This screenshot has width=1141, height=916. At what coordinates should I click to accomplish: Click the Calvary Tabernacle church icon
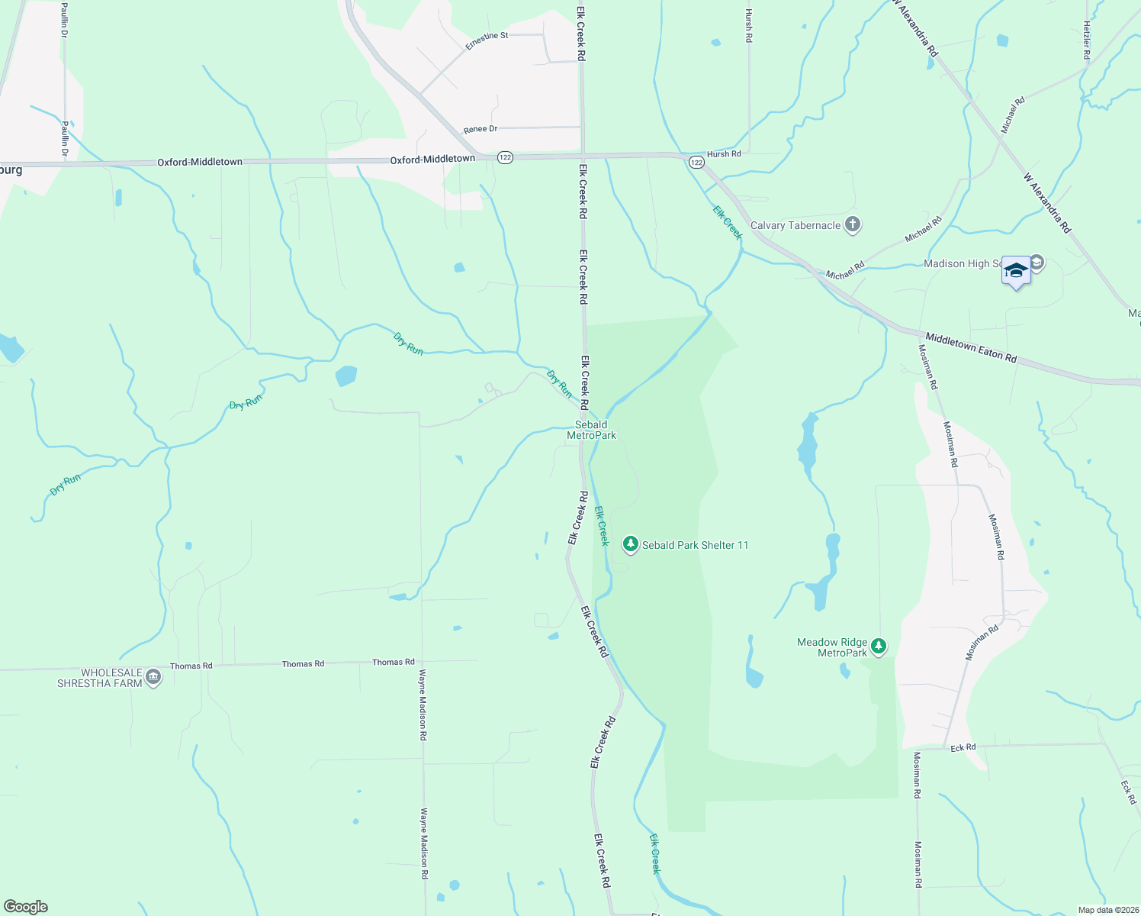pos(853,225)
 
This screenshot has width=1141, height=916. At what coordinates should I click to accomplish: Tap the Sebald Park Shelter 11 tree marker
pos(630,544)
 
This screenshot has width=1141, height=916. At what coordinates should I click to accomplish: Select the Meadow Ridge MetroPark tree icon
pos(879,647)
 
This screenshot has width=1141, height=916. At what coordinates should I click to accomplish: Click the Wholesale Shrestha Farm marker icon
pos(153,677)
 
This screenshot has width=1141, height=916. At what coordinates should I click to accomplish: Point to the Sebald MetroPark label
pos(591,430)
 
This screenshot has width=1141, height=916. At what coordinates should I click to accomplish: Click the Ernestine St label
pos(487,41)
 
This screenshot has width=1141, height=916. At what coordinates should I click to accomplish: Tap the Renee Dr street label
pos(481,130)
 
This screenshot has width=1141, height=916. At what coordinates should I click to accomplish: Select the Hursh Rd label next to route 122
pos(724,154)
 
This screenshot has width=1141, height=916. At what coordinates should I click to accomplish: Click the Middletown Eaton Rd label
pos(970,347)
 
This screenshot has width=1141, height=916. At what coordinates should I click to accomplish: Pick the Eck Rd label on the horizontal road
pos(963,748)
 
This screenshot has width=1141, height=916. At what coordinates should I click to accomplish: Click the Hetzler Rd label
pos(1087,40)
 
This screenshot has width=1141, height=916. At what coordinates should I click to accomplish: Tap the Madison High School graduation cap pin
pos(1016,272)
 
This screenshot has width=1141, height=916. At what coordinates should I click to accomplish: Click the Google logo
pos(26,907)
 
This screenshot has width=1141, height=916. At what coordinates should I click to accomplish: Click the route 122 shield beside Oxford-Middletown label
pos(505,157)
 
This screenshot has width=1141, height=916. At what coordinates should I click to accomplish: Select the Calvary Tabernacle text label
pos(795,225)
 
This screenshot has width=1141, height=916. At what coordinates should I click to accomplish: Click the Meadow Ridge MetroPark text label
pos(832,647)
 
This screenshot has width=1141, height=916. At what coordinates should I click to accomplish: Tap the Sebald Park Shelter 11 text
pos(695,545)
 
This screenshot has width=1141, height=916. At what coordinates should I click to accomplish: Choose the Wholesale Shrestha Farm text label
pos(100,678)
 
